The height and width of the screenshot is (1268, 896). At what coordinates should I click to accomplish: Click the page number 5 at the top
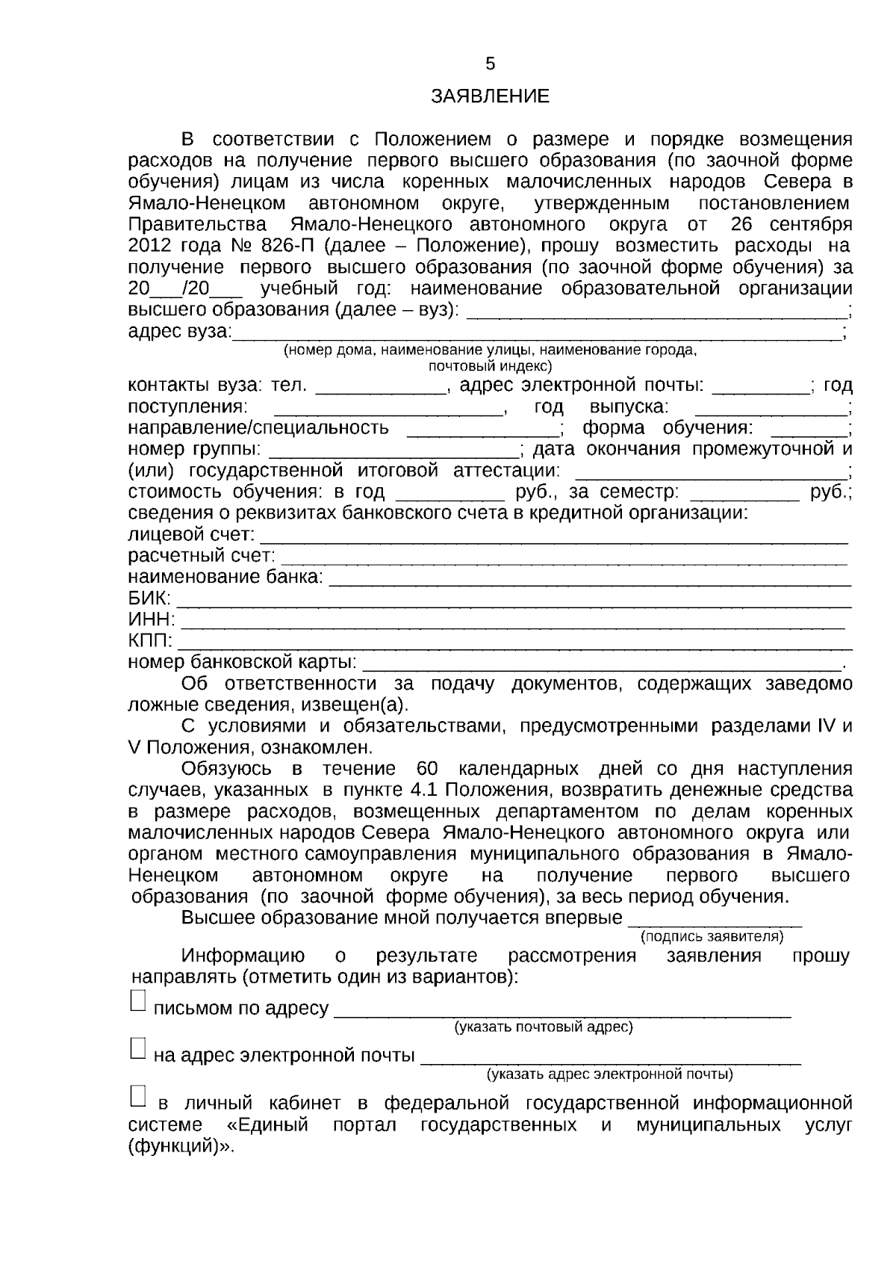(x=490, y=64)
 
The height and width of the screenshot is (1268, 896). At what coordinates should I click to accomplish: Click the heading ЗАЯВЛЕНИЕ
(x=490, y=96)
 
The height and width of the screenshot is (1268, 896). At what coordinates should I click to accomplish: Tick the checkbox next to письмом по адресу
(x=138, y=1002)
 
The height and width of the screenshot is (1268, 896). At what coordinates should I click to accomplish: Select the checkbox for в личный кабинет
(x=138, y=1096)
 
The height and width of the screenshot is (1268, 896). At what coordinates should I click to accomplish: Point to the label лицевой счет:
(x=191, y=535)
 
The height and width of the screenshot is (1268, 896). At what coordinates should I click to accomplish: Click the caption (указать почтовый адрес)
(x=544, y=1027)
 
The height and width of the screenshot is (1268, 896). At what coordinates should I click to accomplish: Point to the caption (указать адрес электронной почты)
(x=609, y=1074)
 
